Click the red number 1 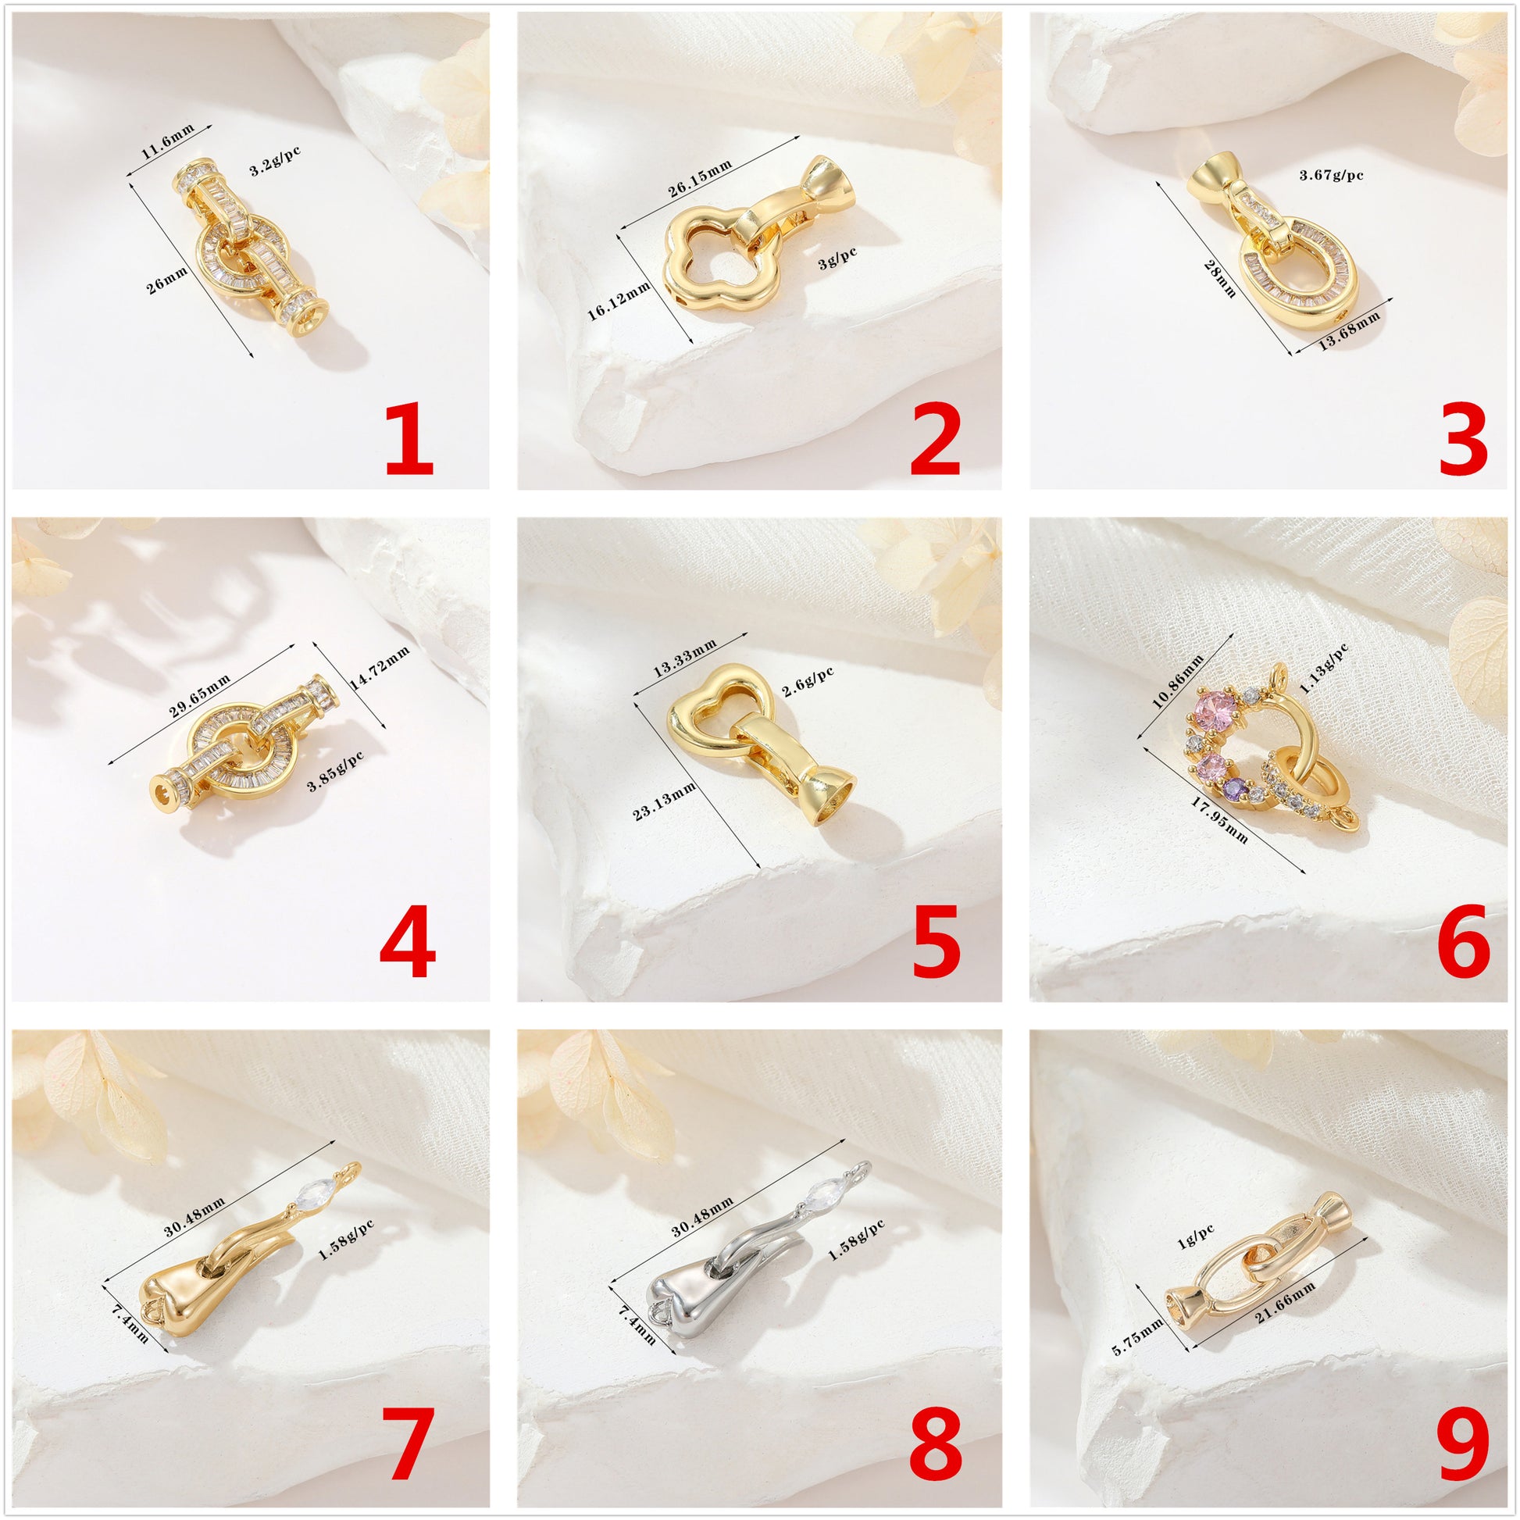tap(409, 441)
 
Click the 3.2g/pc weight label tap(276, 159)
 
